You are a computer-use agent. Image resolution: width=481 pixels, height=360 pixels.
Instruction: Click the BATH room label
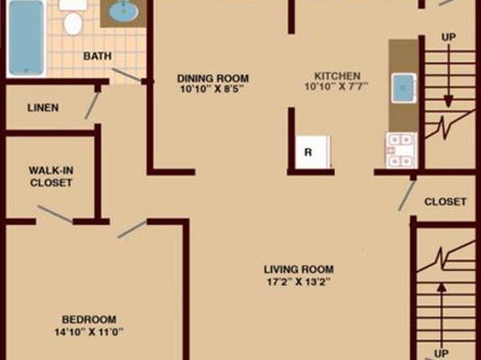point(97,57)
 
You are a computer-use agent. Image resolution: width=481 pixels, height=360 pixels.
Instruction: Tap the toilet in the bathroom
point(73,19)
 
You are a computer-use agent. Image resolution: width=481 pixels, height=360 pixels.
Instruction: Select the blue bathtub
point(26,37)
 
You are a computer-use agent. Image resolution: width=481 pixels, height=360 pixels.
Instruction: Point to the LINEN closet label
point(43,107)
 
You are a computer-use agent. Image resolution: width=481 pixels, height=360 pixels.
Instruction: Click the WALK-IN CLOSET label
point(51,177)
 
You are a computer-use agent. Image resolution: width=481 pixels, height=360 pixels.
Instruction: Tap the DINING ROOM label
point(213,78)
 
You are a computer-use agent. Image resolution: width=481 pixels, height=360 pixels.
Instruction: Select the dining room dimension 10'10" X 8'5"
point(211,89)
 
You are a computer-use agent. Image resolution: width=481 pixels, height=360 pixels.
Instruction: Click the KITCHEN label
point(337,76)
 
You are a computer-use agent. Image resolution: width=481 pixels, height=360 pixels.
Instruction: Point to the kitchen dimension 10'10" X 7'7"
point(337,86)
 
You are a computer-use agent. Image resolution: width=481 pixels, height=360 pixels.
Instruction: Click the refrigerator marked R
point(313,152)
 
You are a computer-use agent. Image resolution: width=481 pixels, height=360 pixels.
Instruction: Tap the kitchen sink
point(404,88)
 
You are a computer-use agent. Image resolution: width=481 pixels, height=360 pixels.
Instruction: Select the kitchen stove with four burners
point(401,151)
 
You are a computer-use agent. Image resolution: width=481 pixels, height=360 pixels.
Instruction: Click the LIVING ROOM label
point(299,270)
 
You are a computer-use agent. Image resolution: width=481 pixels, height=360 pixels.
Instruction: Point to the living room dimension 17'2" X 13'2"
point(299,282)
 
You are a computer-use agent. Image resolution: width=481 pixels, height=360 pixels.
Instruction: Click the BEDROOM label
point(89,320)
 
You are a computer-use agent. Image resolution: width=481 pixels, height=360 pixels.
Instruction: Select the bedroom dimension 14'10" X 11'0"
point(89,332)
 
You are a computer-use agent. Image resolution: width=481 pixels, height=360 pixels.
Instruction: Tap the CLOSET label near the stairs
point(445,202)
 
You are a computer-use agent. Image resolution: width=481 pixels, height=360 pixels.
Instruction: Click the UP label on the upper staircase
point(449,37)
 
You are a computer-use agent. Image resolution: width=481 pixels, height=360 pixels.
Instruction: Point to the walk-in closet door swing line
point(55,214)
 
